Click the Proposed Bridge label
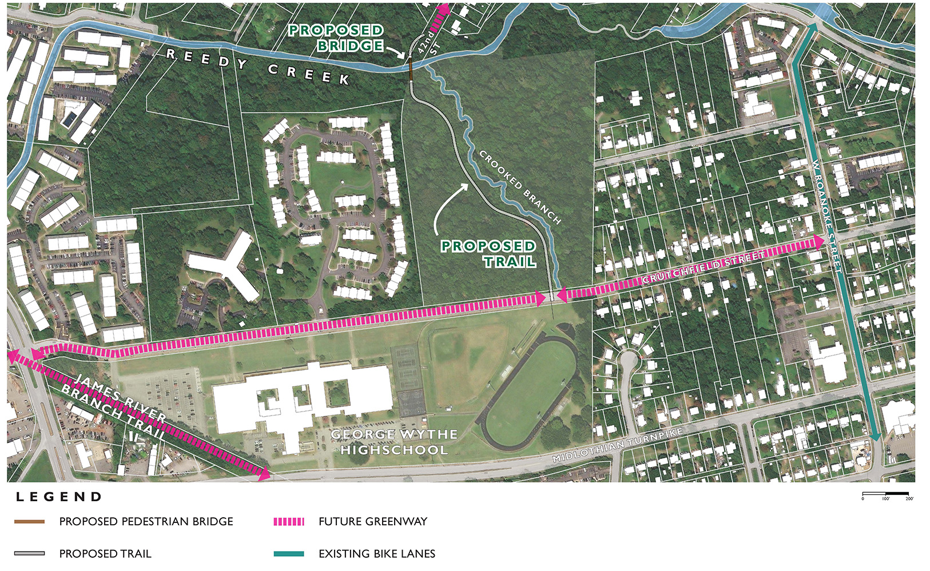336,38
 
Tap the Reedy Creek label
257,67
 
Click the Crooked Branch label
519,187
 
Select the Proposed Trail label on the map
488,254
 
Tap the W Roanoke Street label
827,215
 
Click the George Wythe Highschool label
394,442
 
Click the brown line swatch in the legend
30,522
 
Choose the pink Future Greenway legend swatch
289,522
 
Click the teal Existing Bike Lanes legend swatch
289,554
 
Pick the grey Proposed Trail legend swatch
30,554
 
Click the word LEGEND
59,497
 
